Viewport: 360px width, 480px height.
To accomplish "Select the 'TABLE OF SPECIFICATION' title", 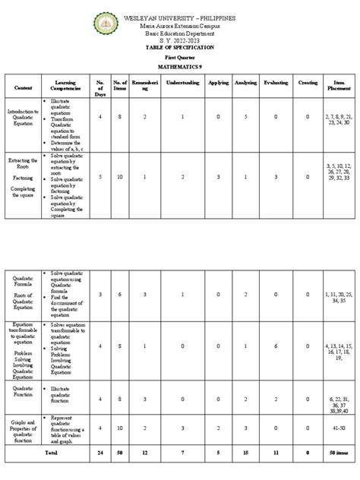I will point(180,47).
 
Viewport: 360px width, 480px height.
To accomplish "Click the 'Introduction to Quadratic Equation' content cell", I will point(22,118).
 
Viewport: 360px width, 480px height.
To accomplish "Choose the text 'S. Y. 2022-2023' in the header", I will point(180,40).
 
